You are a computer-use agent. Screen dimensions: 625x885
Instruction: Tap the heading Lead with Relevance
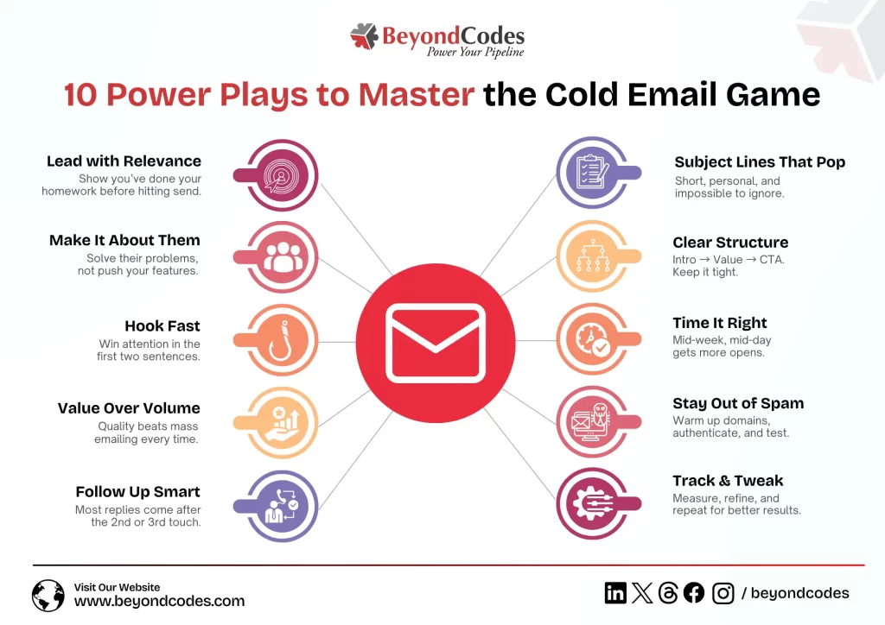[124, 161]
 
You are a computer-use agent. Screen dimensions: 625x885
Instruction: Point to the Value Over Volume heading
[129, 408]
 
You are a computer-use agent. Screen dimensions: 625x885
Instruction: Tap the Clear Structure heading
[730, 243]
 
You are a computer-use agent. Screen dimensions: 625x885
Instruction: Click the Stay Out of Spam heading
[738, 403]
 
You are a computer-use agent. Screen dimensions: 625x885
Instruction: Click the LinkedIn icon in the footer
[615, 593]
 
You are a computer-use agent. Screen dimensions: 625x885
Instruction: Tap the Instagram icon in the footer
[723, 593]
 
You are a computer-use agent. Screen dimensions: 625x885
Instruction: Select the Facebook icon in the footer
[694, 593]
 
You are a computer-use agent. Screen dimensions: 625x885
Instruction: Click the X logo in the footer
[642, 593]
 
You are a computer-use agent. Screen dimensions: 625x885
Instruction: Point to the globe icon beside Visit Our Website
[48, 596]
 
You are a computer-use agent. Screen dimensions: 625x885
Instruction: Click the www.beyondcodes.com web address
[159, 601]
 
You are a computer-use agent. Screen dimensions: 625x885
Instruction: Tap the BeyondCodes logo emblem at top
[365, 37]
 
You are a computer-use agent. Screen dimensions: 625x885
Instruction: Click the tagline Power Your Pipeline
[474, 53]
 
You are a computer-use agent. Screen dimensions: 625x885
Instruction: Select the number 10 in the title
[84, 94]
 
